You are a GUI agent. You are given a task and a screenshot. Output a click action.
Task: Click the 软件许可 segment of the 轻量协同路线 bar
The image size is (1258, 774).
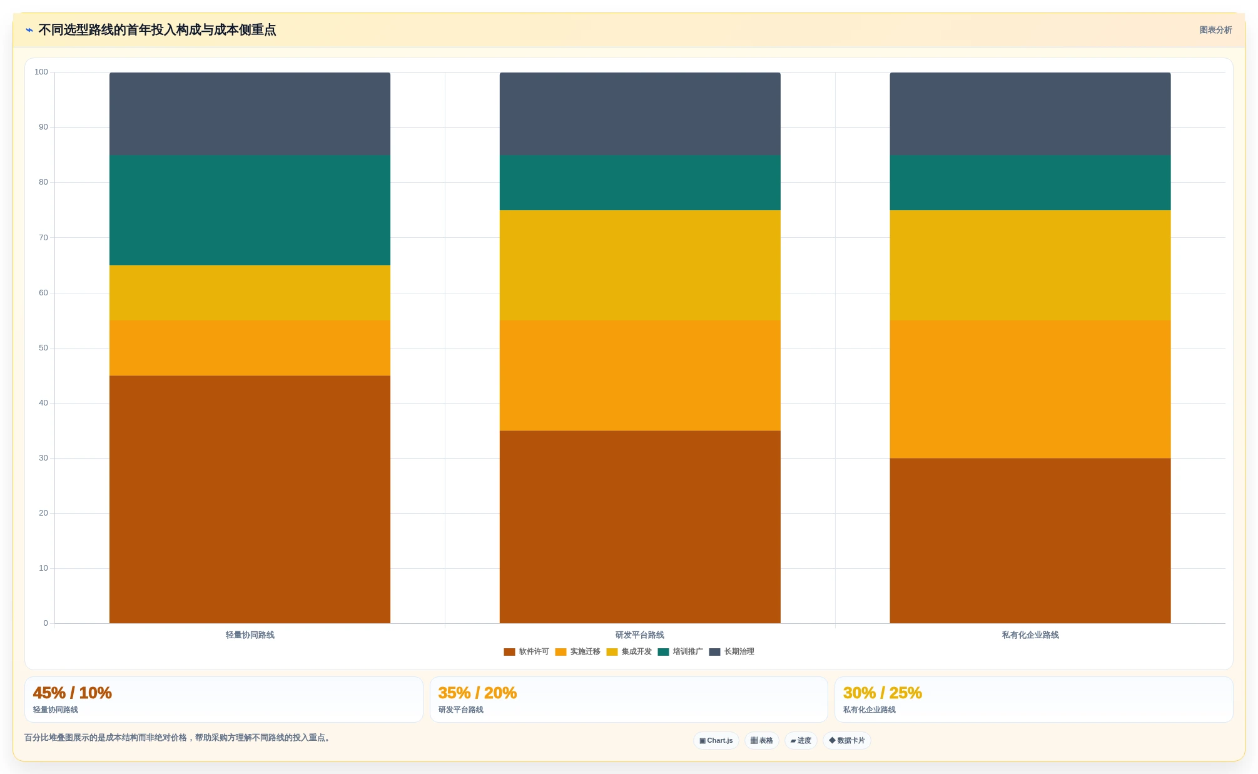(x=250, y=499)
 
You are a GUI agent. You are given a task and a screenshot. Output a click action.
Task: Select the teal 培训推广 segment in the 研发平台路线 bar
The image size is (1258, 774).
(x=640, y=183)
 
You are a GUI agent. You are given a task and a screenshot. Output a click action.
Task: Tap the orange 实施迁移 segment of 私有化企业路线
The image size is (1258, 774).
(x=1030, y=389)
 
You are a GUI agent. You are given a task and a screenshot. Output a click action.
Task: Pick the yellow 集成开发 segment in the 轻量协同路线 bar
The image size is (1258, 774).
(x=250, y=293)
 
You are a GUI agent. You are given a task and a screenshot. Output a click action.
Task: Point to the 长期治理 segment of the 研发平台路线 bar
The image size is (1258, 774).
(x=640, y=114)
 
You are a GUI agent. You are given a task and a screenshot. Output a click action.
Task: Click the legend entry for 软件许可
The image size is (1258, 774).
(x=526, y=651)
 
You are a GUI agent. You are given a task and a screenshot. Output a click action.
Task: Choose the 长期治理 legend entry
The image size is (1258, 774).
(x=731, y=651)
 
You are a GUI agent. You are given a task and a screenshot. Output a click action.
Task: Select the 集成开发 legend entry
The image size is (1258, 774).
(x=629, y=651)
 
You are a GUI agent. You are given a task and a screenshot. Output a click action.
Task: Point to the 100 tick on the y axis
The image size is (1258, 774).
(x=41, y=72)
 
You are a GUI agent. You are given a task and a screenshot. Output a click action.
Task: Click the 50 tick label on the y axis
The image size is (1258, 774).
(x=43, y=348)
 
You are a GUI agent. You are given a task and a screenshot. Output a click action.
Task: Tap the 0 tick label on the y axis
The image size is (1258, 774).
(x=46, y=623)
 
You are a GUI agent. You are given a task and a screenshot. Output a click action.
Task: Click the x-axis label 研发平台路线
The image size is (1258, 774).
(x=640, y=635)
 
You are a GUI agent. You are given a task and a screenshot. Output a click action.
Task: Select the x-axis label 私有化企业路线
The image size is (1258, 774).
(x=1030, y=635)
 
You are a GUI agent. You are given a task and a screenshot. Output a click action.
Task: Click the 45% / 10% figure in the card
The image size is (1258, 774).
(x=73, y=693)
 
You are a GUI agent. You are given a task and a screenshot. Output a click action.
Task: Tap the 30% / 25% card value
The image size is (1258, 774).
(x=883, y=693)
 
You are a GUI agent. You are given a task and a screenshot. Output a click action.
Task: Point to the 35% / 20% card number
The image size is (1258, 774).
(x=477, y=693)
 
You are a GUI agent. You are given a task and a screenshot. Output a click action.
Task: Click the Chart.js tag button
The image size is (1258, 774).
(x=716, y=740)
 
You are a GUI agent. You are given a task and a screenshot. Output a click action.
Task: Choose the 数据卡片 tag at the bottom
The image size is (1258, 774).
(x=847, y=740)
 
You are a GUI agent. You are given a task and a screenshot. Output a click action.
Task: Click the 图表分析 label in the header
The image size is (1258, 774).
(x=1215, y=30)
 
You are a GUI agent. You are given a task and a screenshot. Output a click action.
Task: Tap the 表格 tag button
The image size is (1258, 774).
(x=762, y=740)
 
